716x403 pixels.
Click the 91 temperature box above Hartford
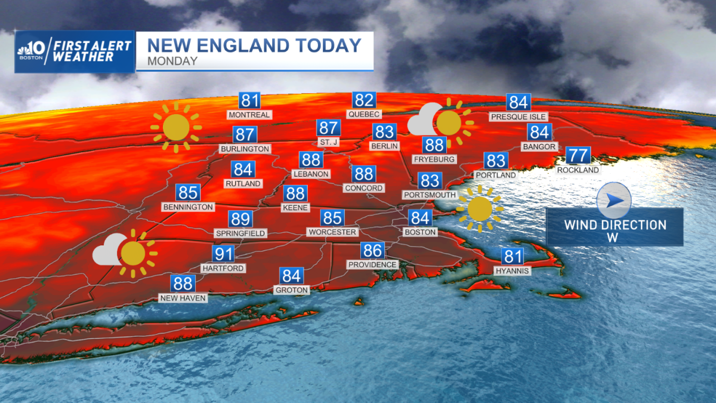(224, 254)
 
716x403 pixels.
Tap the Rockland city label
(578, 170)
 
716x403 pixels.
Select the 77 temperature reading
(578, 155)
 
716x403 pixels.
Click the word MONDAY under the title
(174, 61)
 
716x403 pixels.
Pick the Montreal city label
(249, 115)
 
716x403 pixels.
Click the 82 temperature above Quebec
(363, 100)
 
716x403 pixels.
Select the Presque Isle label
(518, 117)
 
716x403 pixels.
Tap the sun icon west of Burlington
(177, 127)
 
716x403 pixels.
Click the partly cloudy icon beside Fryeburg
(440, 122)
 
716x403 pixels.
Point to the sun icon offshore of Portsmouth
(480, 209)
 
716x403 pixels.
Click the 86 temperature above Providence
(372, 250)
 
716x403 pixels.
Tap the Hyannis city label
(512, 271)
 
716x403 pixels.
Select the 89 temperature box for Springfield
(240, 219)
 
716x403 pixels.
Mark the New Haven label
(183, 298)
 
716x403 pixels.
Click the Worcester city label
(332, 232)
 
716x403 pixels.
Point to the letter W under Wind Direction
(615, 237)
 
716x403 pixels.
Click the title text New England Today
(254, 45)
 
